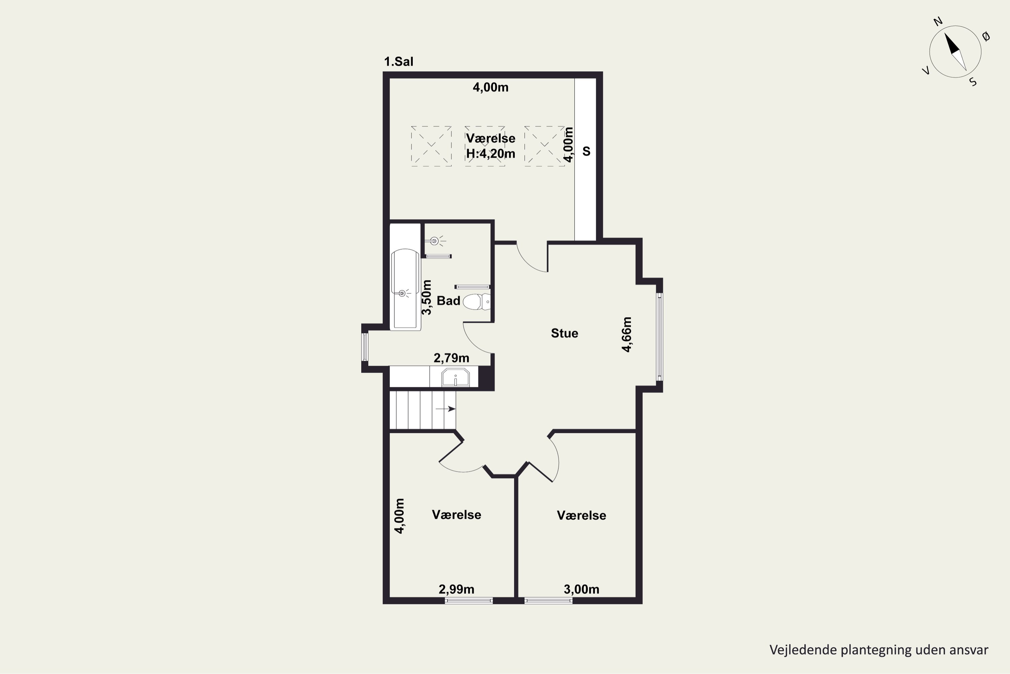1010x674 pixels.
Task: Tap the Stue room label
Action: (x=564, y=333)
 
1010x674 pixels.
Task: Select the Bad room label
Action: (x=448, y=301)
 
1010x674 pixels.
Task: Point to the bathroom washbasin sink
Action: (x=456, y=377)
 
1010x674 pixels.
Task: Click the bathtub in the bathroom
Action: (x=405, y=290)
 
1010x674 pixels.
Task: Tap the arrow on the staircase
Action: (x=445, y=409)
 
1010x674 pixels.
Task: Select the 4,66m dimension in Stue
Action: (x=627, y=334)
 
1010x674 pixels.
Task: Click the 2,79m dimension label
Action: (x=451, y=358)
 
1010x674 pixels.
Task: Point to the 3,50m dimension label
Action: (x=427, y=297)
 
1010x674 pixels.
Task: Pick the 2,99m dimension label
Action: (x=457, y=589)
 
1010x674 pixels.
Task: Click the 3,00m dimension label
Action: (x=581, y=589)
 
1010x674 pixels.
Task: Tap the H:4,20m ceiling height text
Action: (x=491, y=153)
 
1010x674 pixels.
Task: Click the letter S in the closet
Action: (x=586, y=151)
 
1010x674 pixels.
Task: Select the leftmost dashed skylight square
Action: (x=431, y=146)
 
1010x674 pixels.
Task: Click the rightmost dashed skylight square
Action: (x=544, y=146)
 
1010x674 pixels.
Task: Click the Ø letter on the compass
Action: (x=986, y=37)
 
